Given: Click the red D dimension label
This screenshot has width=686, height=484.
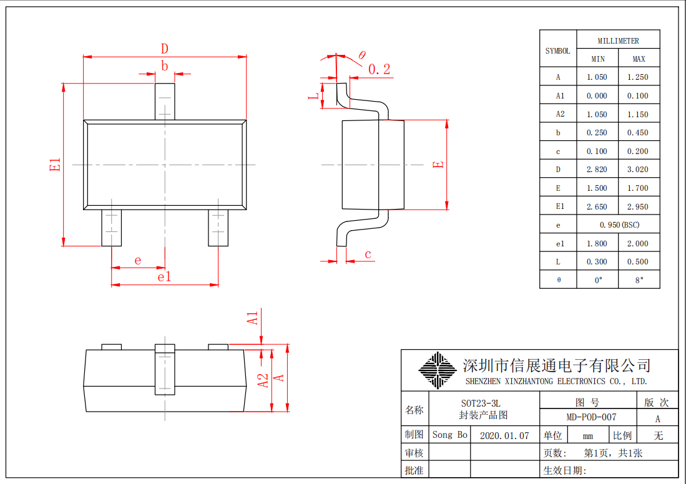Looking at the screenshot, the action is [165, 49].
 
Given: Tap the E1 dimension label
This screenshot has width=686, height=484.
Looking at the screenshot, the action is [55, 165].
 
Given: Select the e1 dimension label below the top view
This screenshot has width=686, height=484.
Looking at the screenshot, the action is [165, 277].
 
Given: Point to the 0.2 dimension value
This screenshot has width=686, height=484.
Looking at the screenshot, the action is [379, 69].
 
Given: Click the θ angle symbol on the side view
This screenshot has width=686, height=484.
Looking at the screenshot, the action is [362, 55].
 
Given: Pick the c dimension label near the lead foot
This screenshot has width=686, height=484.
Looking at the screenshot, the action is [368, 254].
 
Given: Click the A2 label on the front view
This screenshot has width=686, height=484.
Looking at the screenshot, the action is [263, 380].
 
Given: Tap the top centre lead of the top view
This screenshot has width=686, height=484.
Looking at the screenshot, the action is [165, 102].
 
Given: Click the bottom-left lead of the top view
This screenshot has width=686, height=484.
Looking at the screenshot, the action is [112, 228].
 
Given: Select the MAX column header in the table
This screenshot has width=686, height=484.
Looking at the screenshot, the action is [639, 59].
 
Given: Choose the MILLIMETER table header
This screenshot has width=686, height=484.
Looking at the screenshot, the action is [618, 41].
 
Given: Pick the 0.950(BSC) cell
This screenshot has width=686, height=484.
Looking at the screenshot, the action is [619, 225].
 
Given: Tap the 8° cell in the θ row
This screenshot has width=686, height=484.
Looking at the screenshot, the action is [639, 280].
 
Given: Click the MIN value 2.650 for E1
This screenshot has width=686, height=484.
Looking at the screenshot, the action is [597, 207].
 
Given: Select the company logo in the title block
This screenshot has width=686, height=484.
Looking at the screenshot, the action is [438, 370].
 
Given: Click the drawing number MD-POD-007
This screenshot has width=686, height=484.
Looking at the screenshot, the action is [591, 417].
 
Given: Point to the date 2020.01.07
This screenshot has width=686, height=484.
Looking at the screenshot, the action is [504, 436].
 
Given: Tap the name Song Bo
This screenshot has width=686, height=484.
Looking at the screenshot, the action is [450, 435].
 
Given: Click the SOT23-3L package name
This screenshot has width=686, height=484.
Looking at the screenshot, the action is [481, 403].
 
